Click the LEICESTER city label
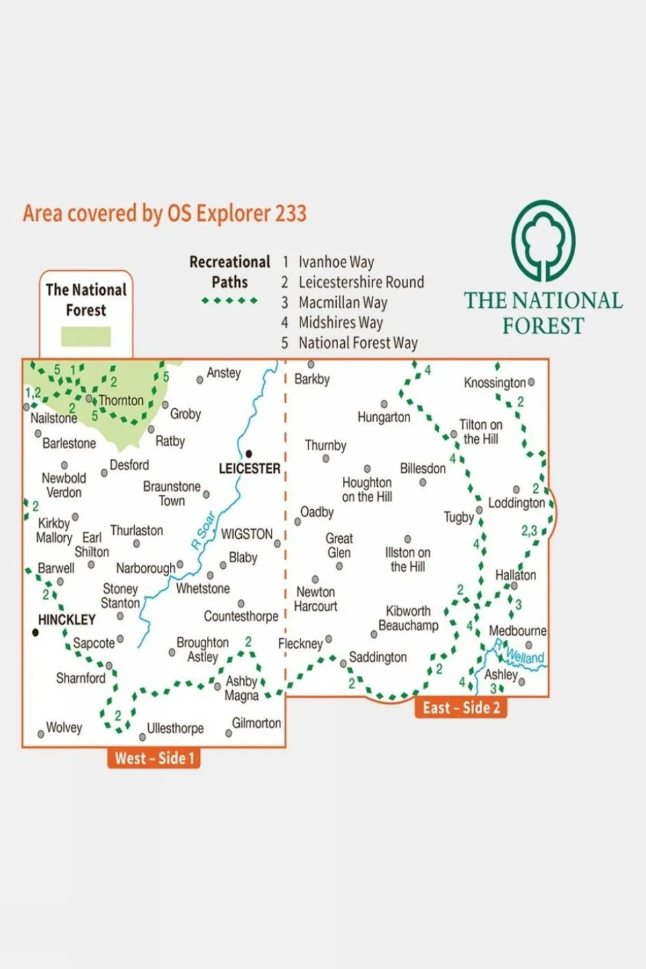pyautogui.click(x=249, y=468)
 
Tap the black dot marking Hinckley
pyautogui.click(x=36, y=632)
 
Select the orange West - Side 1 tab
pyautogui.click(x=154, y=758)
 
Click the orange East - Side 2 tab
pyautogui.click(x=461, y=708)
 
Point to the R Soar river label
pyautogui.click(x=203, y=531)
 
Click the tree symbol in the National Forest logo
pyautogui.click(x=543, y=240)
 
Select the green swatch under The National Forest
pyautogui.click(x=86, y=336)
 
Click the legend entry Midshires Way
pyautogui.click(x=340, y=323)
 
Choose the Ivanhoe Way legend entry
pyautogui.click(x=335, y=262)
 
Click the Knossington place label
pyautogui.click(x=494, y=382)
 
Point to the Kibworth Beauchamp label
pyautogui.click(x=408, y=618)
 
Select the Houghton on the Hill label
pyautogui.click(x=366, y=490)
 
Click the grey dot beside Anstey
pyautogui.click(x=200, y=380)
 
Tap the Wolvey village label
pyautogui.click(x=64, y=727)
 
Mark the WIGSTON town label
pyautogui.click(x=247, y=534)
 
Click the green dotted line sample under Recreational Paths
pyautogui.click(x=229, y=300)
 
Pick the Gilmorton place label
pyautogui.click(x=256, y=723)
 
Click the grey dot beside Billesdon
pyautogui.click(x=423, y=482)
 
